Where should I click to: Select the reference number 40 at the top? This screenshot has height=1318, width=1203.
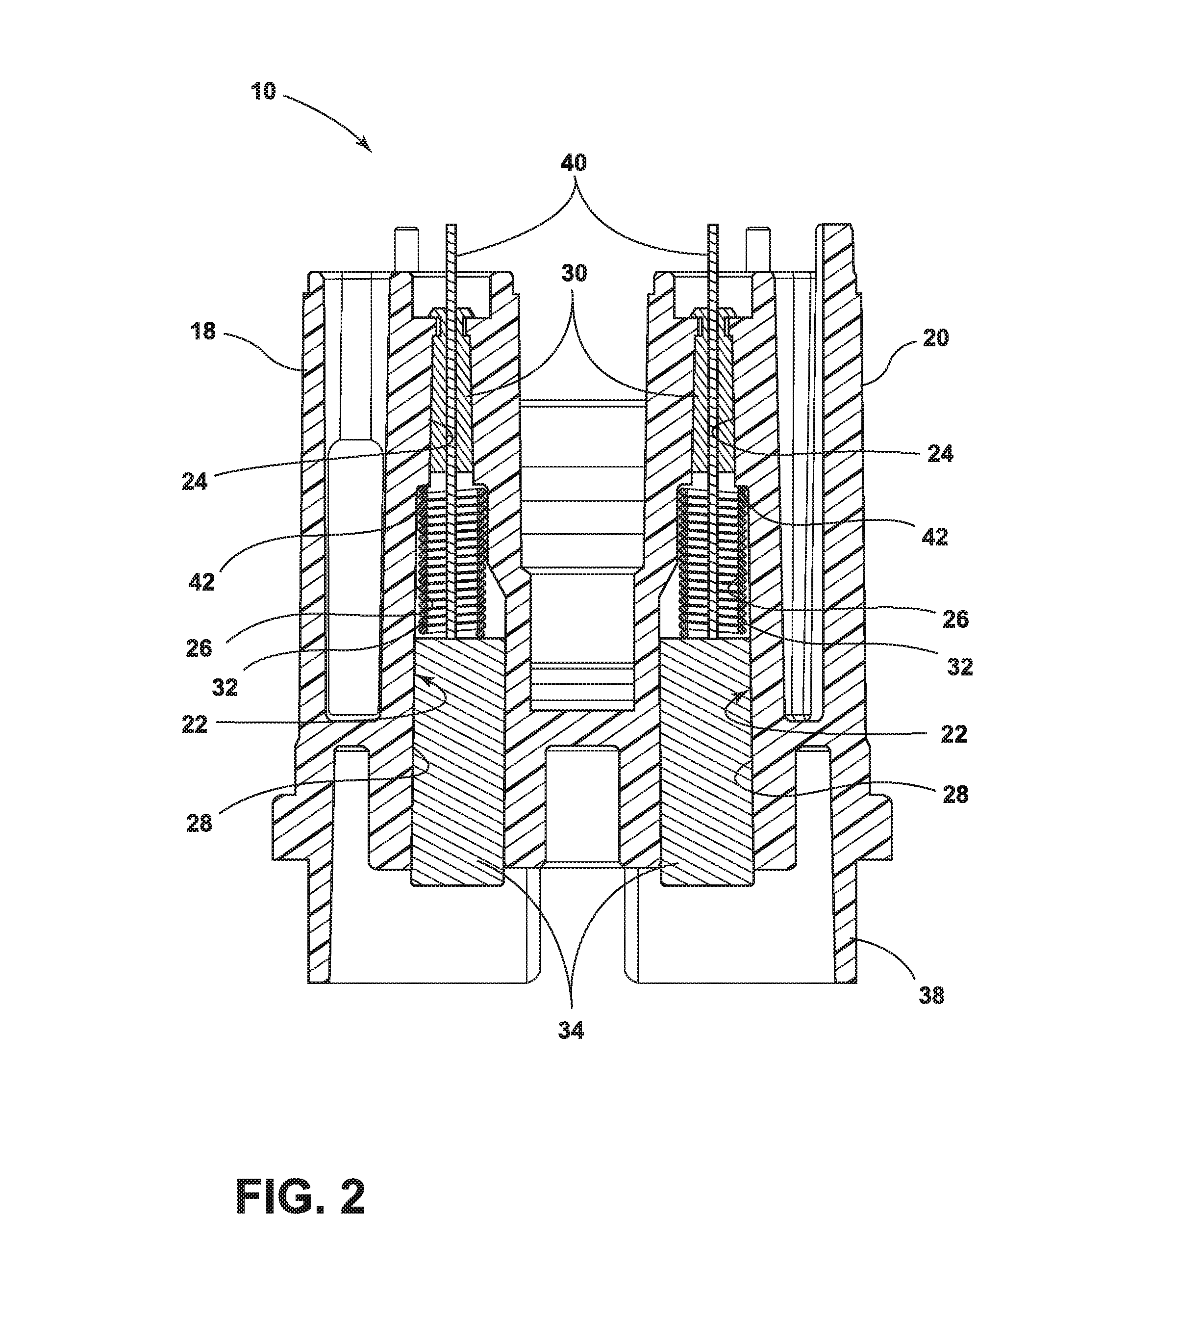tap(574, 163)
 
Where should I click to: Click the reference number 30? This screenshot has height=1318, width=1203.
tap(573, 273)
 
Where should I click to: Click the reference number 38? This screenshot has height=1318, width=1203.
tap(931, 996)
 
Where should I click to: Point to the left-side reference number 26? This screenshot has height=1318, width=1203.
tap(199, 648)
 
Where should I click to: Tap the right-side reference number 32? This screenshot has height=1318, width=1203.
tap(960, 667)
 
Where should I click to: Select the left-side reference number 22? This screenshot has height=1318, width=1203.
tap(195, 724)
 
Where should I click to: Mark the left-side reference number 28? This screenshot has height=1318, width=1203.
tap(200, 823)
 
